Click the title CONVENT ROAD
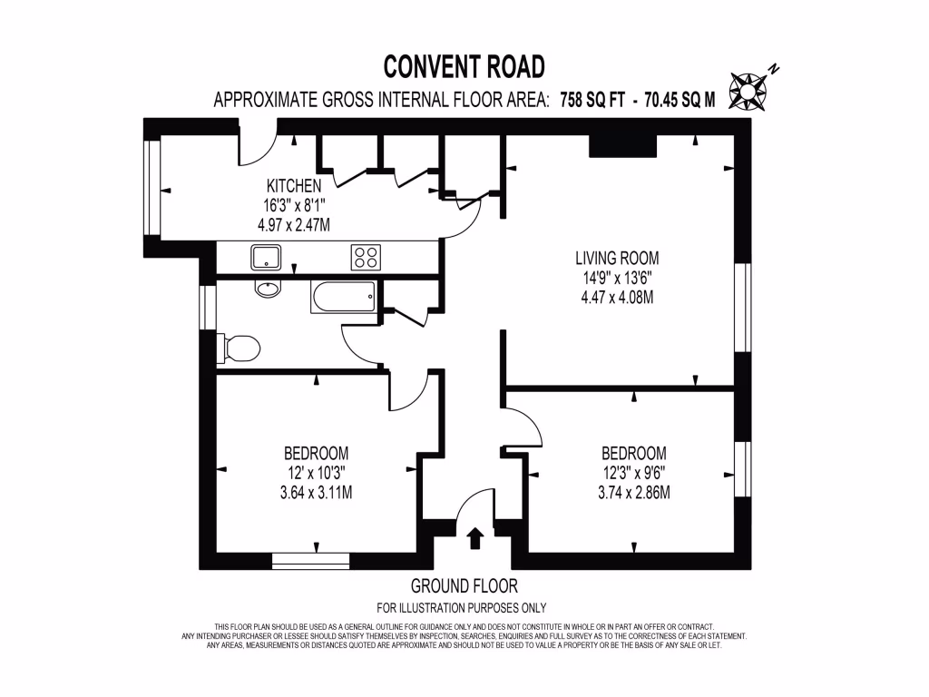tap(464, 66)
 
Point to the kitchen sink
tap(266, 258)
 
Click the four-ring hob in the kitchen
tap(366, 258)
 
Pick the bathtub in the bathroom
tap(342, 295)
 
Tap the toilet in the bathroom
tap(241, 348)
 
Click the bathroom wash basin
tap(269, 290)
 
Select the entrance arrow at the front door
tap(474, 539)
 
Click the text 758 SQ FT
tap(592, 101)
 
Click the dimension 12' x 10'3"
tap(316, 473)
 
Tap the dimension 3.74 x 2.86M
tap(633, 493)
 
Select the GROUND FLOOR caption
tap(464, 586)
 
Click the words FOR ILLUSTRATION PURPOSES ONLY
tap(462, 608)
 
